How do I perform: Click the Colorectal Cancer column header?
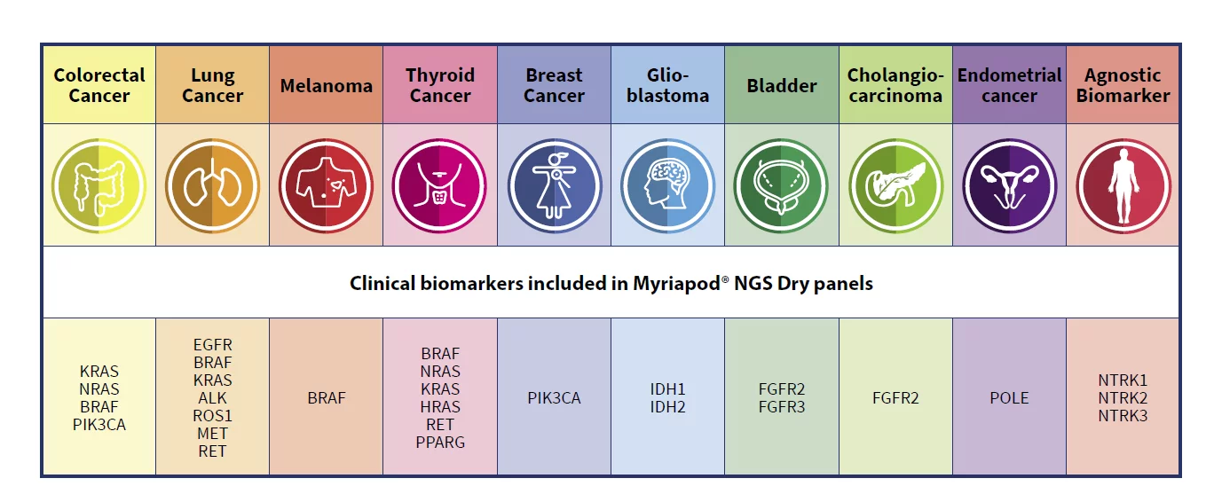[99, 85]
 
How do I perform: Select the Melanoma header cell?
[327, 85]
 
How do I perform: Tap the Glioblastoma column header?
[667, 85]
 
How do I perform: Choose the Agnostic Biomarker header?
[1123, 85]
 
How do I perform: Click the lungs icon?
[212, 185]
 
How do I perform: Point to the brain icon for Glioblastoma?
[667, 185]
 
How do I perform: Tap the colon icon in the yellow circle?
[99, 185]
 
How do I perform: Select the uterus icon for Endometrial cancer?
[1009, 185]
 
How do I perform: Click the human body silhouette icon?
[1123, 185]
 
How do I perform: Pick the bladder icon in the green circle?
[781, 185]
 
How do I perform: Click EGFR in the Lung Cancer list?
[212, 345]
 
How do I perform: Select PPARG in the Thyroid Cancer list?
[440, 443]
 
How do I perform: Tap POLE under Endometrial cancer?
[1009, 398]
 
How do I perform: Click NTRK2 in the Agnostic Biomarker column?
[1123, 398]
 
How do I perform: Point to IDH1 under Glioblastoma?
[667, 389]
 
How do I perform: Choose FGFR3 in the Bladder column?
[782, 407]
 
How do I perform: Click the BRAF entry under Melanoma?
[327, 398]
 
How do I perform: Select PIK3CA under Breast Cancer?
[554, 398]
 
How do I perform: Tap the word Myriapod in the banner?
[677, 283]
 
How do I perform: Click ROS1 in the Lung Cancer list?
[212, 416]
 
